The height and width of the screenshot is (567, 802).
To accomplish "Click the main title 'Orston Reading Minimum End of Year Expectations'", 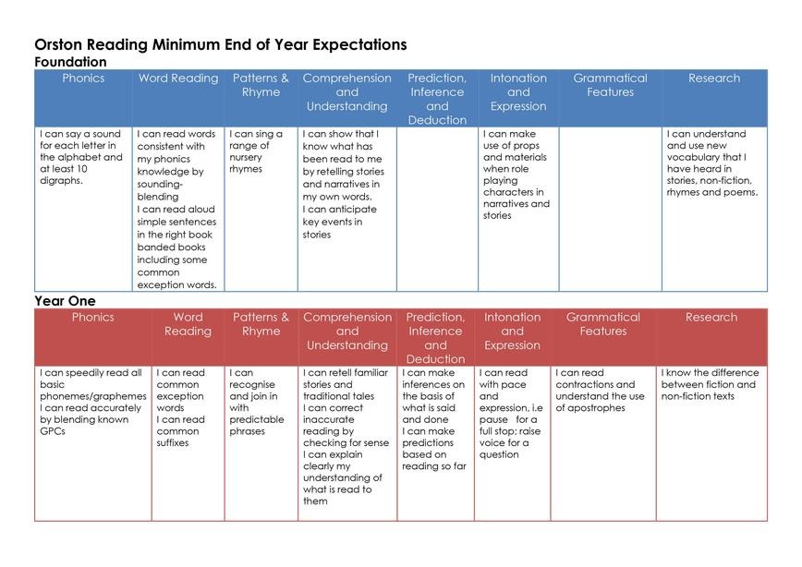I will (220, 44).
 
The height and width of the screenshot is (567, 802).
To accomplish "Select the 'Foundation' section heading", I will (70, 62).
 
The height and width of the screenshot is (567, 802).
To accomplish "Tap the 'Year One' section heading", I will (65, 301).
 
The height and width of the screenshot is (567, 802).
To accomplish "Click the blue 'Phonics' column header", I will (83, 78).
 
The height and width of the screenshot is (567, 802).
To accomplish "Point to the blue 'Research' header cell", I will (714, 78).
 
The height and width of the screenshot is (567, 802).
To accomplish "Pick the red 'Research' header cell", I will (711, 318).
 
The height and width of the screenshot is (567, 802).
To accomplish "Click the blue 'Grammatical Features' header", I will (610, 85).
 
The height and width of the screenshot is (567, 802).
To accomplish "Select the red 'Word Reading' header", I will (188, 324).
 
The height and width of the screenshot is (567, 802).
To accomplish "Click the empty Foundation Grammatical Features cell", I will (610, 210).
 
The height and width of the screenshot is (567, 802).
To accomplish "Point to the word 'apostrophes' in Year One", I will (590, 408).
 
